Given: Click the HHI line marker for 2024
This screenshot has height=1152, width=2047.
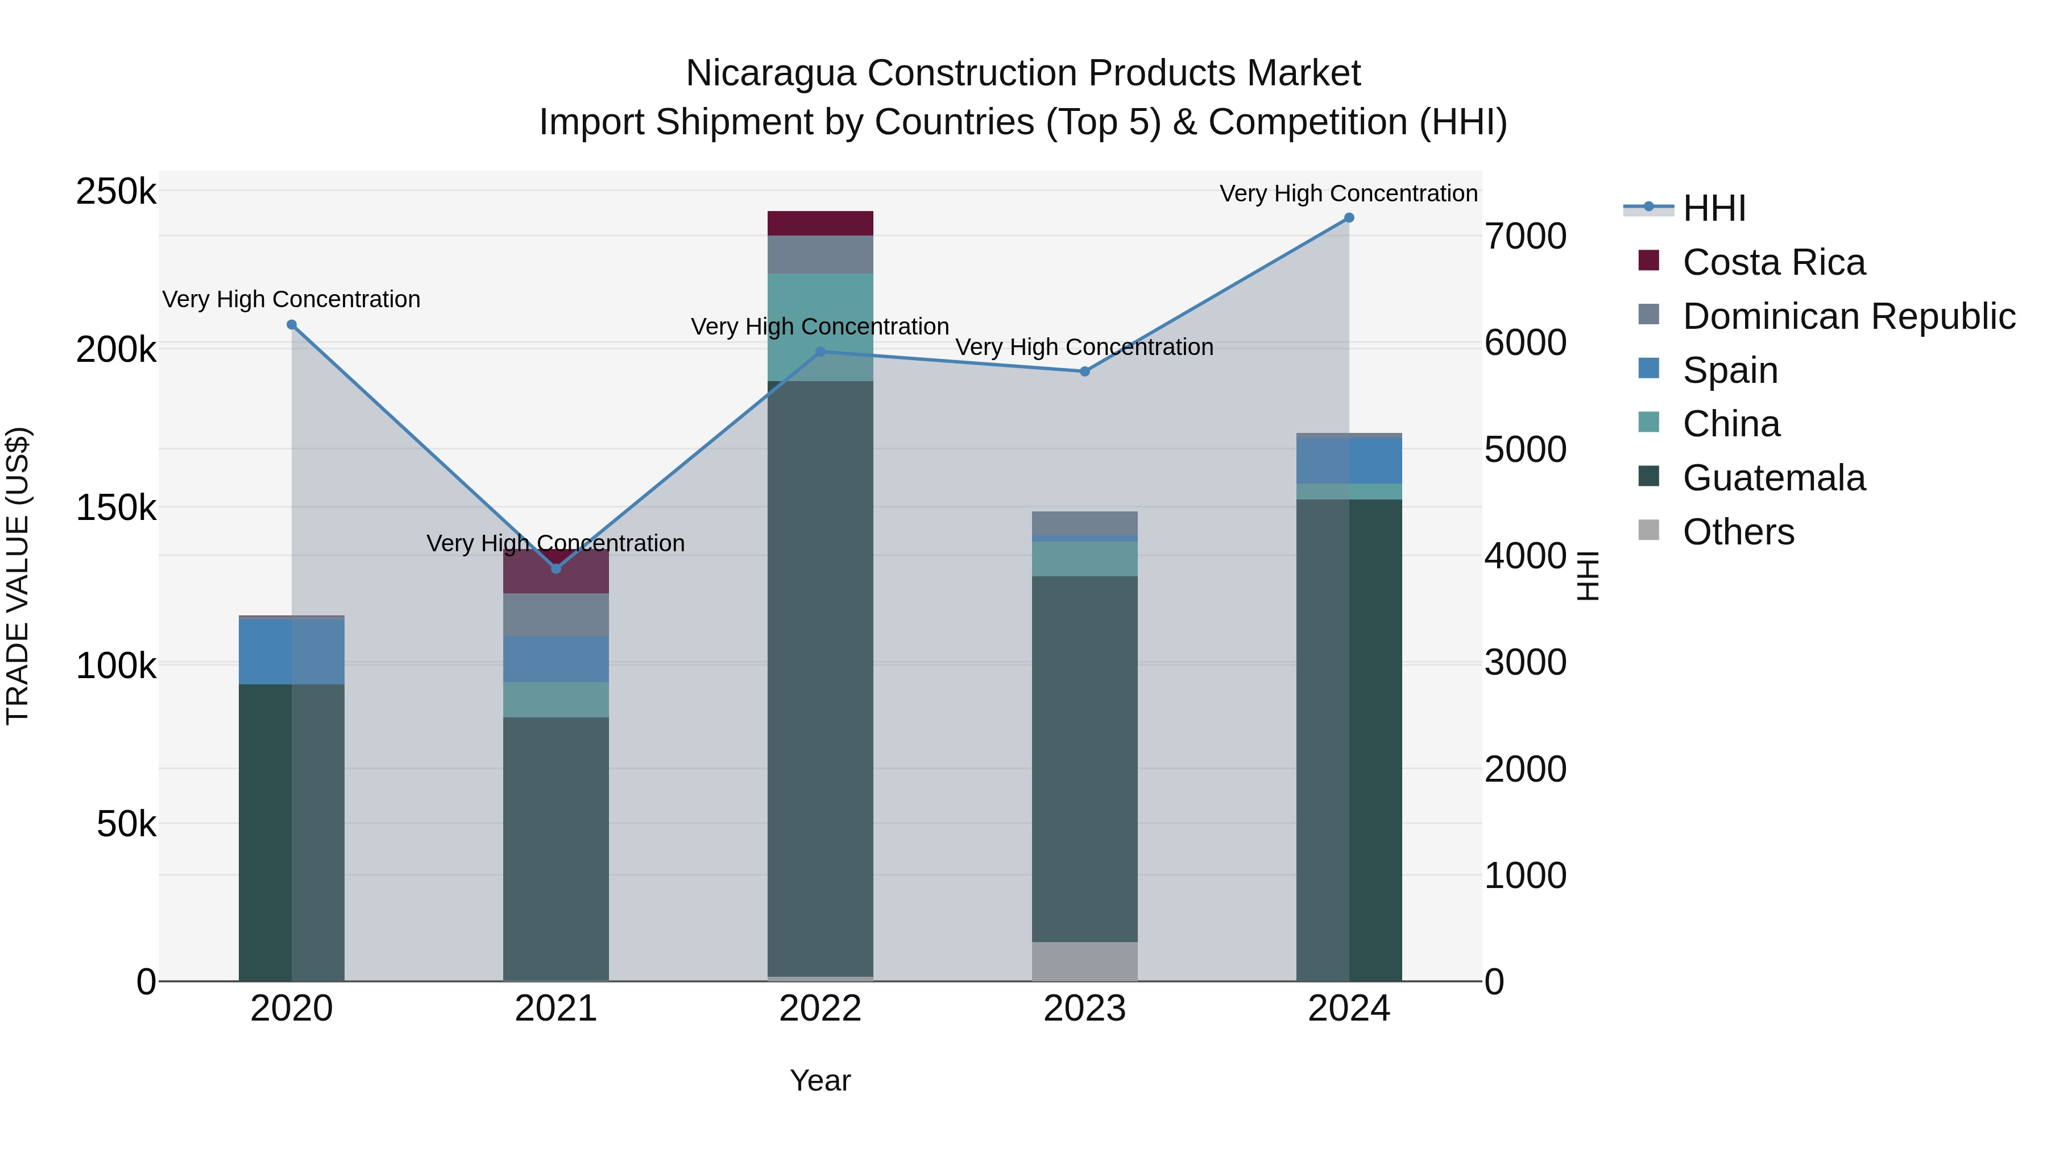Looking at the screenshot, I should click(x=1349, y=218).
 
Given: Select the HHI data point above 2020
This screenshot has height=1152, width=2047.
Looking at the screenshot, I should click(x=292, y=324).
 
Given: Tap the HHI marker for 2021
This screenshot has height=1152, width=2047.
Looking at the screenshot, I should click(x=556, y=568).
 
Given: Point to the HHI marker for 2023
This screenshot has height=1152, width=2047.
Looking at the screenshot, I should click(x=1085, y=371).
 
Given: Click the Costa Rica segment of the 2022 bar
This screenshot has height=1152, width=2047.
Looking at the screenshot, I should click(x=820, y=224).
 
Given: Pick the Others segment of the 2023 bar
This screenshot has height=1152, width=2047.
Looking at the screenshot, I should click(x=1085, y=961).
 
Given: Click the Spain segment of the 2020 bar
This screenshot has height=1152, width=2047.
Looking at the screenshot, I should click(x=292, y=651).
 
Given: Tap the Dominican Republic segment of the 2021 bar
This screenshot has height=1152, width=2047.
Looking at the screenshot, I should click(x=556, y=614).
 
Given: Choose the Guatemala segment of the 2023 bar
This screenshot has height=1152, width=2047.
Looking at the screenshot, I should click(x=1085, y=759).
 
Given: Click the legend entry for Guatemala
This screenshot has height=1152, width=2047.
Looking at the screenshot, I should click(x=1773, y=478).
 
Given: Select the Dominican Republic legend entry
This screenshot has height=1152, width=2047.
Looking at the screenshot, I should click(x=1849, y=316).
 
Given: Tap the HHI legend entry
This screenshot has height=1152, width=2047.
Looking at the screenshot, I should click(x=1713, y=208).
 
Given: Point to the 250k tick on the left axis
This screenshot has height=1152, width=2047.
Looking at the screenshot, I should click(x=116, y=192).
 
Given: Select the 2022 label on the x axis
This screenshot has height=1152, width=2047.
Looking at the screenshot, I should click(x=820, y=1009).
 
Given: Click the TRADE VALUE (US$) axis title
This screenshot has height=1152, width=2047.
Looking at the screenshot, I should click(x=18, y=576).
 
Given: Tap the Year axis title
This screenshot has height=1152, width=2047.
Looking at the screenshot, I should click(x=820, y=1080).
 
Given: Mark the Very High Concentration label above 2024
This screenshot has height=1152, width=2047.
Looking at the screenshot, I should click(x=1349, y=193).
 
